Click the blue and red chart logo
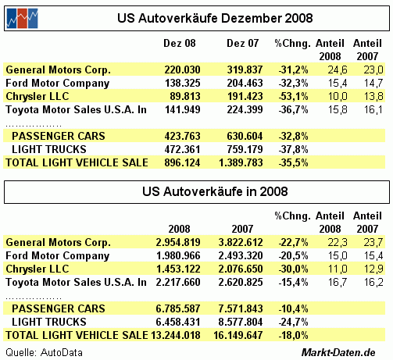tap(22, 18)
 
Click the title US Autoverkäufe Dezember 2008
tap(215, 18)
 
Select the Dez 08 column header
tap(180, 43)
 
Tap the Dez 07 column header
tap(243, 43)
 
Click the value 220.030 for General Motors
tap(182, 70)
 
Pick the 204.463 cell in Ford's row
tap(245, 83)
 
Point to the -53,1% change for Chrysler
tap(293, 96)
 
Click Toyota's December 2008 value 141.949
tap(183, 109)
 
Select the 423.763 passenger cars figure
tap(182, 136)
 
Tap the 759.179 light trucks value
tap(245, 149)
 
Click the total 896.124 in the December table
tap(182, 162)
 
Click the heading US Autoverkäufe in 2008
tap(215, 191)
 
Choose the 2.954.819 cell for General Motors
tap(178, 242)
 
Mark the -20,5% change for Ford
tap(293, 255)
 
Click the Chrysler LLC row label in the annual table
tap(38, 269)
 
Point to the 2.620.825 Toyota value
tap(241, 282)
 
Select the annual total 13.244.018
tap(176, 335)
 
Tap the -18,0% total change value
tap(293, 335)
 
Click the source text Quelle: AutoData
tap(44, 353)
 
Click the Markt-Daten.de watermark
tap(338, 353)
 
